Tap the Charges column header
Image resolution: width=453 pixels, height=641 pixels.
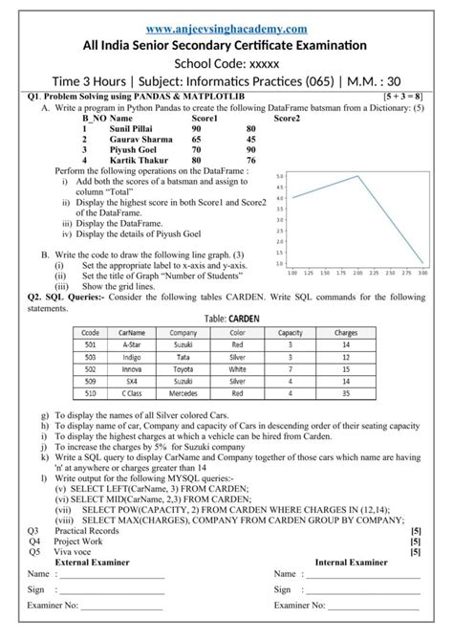(x=346, y=332)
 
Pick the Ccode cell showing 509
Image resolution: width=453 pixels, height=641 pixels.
(x=91, y=380)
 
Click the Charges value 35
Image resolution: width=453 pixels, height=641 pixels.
(x=346, y=391)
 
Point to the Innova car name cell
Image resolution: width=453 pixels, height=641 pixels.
(x=132, y=367)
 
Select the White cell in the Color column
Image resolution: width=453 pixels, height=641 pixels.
(x=237, y=367)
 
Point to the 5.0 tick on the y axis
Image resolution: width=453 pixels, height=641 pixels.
(x=278, y=176)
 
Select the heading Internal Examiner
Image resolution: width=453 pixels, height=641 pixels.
(x=356, y=563)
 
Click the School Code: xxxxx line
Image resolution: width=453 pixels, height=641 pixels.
(x=226, y=64)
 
